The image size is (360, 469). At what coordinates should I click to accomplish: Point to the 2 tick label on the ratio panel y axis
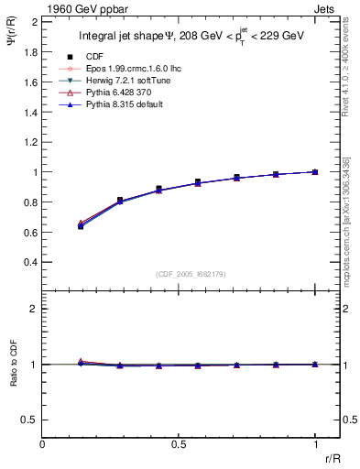click(33, 310)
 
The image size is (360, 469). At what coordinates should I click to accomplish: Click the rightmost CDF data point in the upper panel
click(315, 171)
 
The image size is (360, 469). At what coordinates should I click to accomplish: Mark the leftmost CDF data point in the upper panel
click(81, 225)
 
